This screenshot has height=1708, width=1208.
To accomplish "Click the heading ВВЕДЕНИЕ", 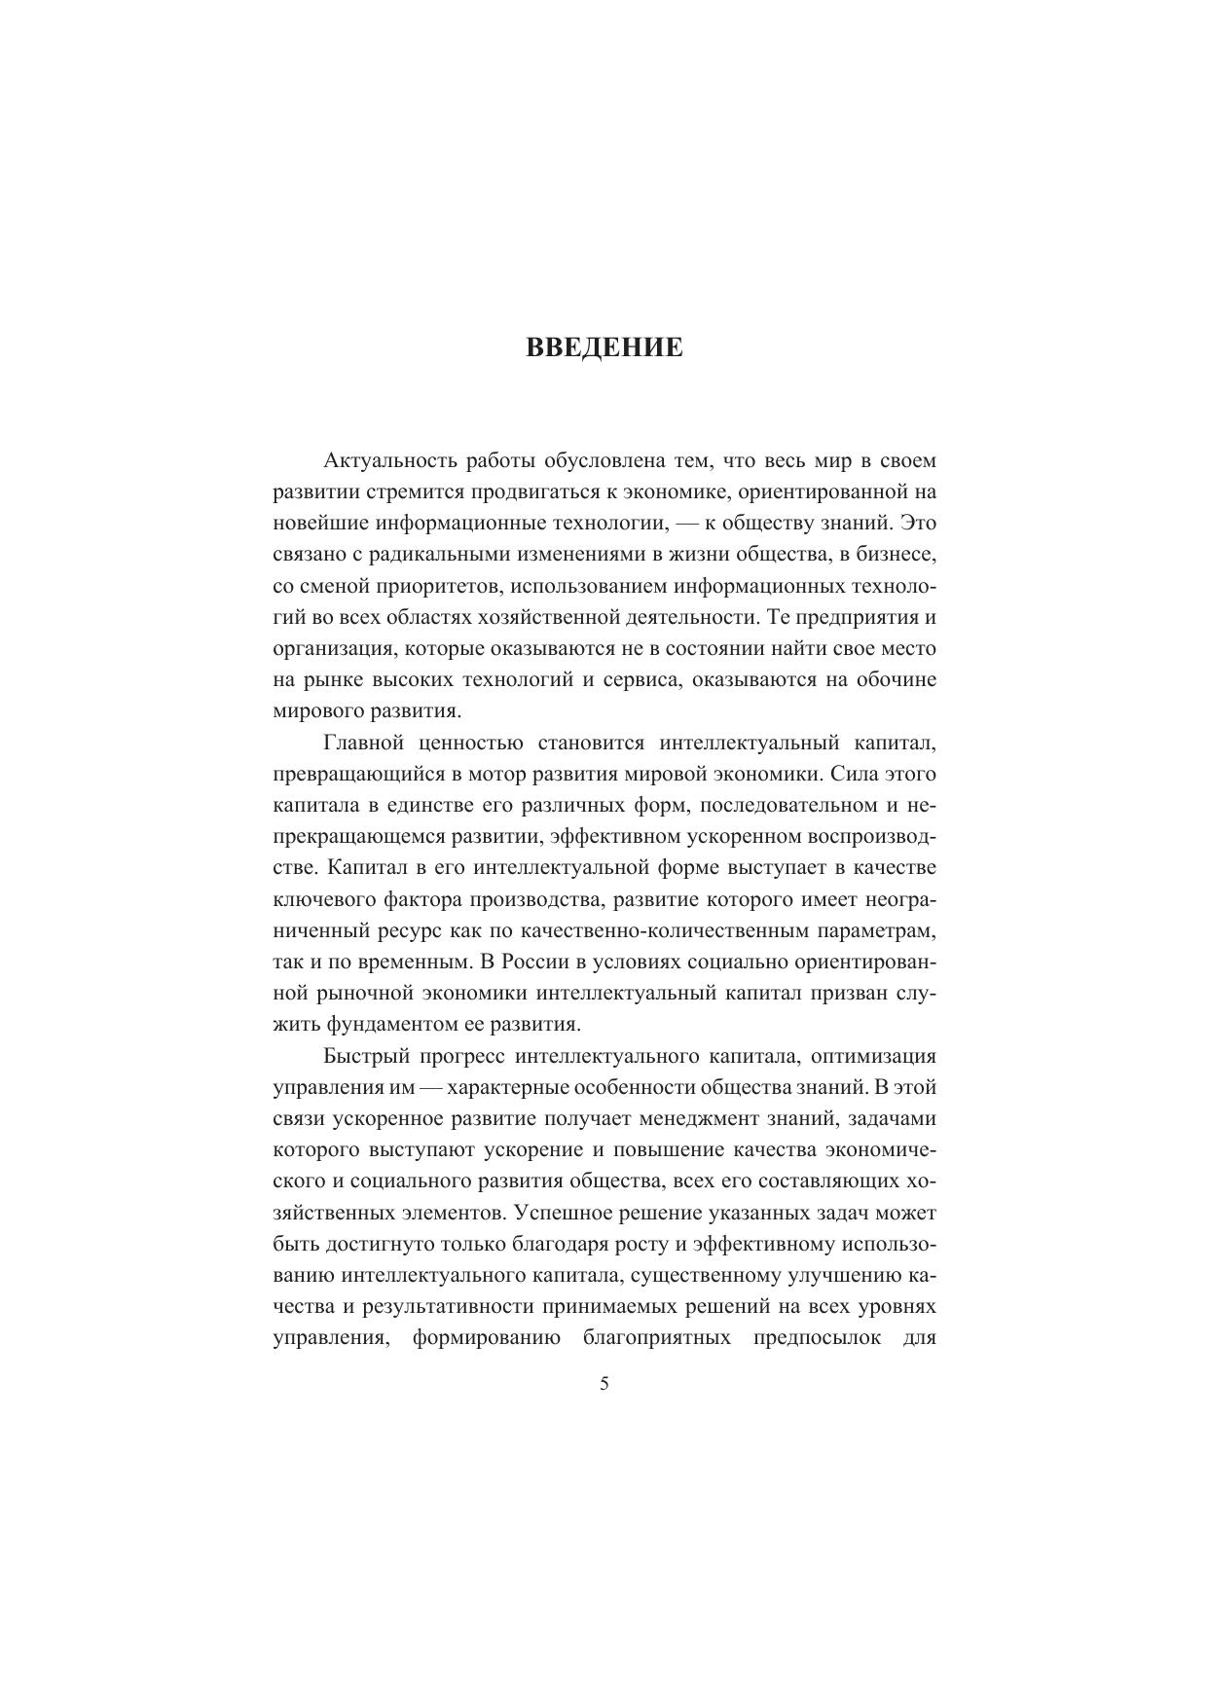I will (604, 347).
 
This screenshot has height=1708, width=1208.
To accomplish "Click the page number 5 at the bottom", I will (604, 1384).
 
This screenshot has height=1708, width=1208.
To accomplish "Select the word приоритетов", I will (440, 586).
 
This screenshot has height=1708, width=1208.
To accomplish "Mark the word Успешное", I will (563, 1213).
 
